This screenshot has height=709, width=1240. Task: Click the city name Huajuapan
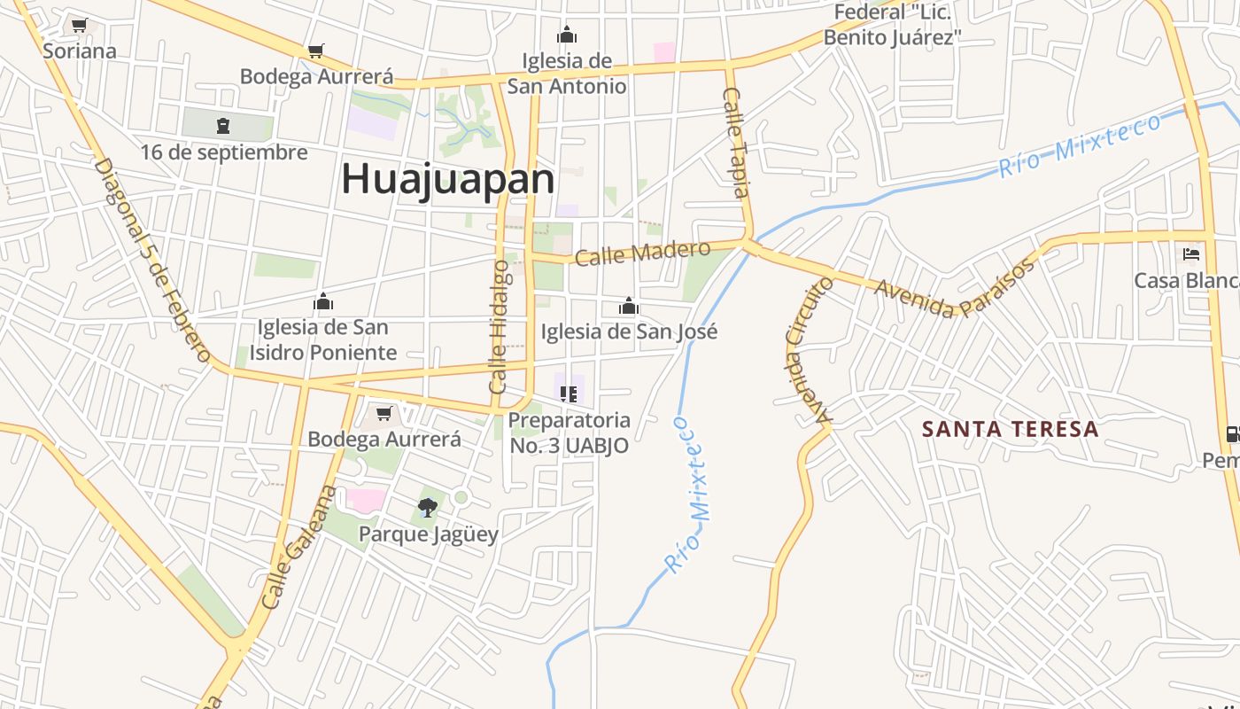click(448, 179)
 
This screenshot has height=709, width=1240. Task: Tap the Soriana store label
click(80, 51)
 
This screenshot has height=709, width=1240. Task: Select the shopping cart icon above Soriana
click(80, 26)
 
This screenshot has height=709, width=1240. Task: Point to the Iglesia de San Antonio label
click(567, 74)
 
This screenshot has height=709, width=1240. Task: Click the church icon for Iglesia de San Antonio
click(567, 35)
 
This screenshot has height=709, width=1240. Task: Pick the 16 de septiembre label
click(224, 152)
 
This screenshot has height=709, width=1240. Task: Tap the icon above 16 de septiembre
click(222, 126)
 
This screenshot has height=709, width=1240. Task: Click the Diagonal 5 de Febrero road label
click(151, 261)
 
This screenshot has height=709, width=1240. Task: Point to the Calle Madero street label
click(642, 253)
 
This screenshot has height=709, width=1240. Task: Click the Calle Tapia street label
click(737, 142)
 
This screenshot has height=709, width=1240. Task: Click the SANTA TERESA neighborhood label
click(1010, 430)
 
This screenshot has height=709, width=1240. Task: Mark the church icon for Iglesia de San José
click(629, 307)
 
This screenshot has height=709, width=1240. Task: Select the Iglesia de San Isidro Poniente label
click(322, 339)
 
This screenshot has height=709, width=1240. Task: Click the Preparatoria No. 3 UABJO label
click(570, 432)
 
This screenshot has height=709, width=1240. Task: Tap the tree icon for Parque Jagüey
click(428, 508)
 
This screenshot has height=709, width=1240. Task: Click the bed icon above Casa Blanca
click(1191, 254)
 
